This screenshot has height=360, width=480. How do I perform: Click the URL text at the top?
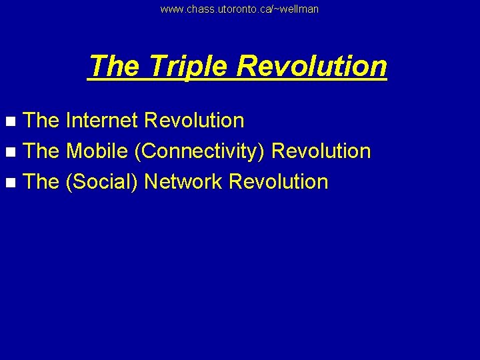point(239,9)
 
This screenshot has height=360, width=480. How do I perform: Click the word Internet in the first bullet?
point(102,121)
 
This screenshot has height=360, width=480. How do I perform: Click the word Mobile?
point(97,151)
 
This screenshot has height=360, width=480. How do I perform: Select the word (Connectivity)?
point(202,151)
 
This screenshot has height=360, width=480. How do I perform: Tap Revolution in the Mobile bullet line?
point(321,151)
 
